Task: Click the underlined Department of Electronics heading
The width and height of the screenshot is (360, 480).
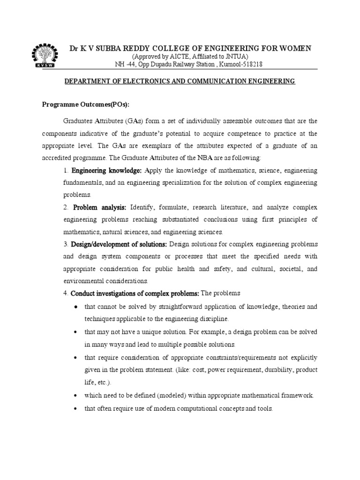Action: coord(180,81)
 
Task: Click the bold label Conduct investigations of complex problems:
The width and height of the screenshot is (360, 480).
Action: coord(135,293)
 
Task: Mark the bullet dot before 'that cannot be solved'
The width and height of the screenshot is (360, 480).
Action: coord(76,307)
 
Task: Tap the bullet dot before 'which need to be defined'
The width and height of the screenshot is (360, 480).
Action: coord(76,396)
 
